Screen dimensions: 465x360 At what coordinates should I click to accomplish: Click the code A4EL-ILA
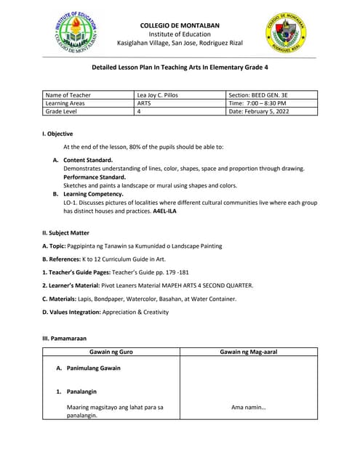[x=164, y=211]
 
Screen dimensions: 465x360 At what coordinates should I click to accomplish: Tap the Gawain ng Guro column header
[x=111, y=352]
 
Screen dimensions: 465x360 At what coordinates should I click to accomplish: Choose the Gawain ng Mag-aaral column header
[x=248, y=352]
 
